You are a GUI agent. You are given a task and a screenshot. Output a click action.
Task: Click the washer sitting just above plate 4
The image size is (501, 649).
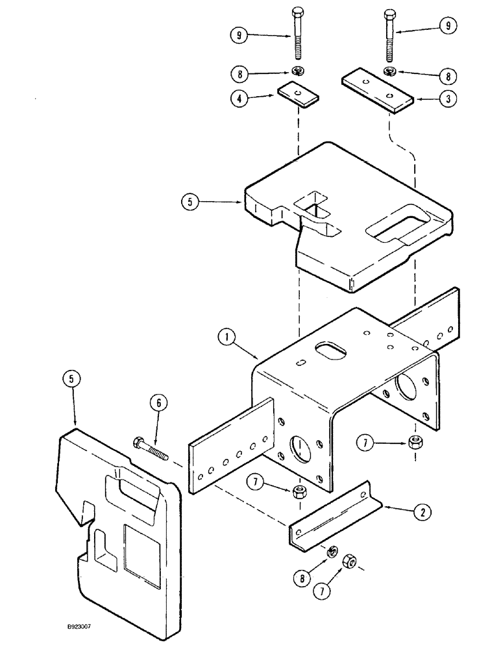298,71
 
